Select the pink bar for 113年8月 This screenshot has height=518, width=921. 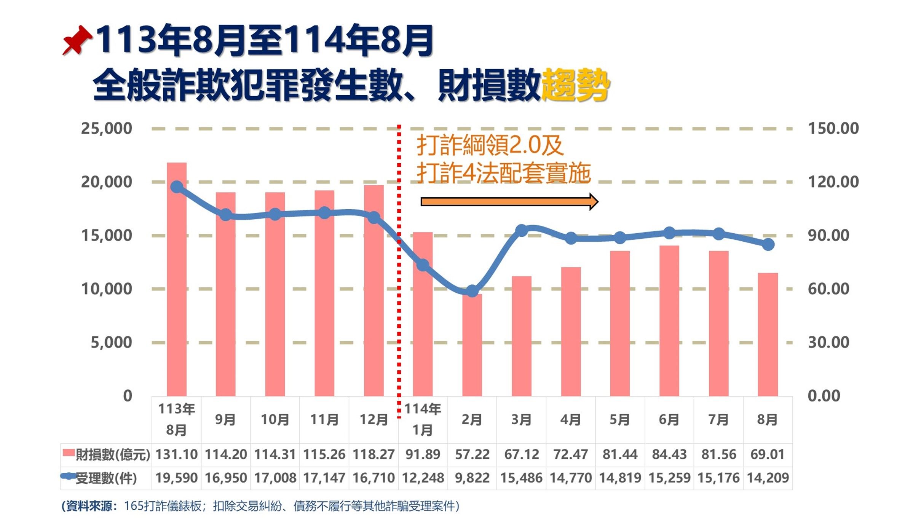pos(177,280)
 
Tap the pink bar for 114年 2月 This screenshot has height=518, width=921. pos(472,344)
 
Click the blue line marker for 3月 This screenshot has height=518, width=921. pos(521,230)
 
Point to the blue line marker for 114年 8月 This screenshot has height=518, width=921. pos(768,244)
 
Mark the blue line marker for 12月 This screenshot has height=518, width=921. pos(374,218)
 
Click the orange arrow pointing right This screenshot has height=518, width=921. pos(509,201)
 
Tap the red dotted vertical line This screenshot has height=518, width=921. pos(399,324)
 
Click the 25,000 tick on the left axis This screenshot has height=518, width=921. pos(107,128)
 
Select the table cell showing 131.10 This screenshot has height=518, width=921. pos(177,454)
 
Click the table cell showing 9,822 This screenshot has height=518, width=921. pos(472,478)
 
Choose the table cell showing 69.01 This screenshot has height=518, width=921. pos(768,454)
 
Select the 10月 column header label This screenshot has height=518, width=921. pos(275,419)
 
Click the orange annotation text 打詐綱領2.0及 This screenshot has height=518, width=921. pos(490,145)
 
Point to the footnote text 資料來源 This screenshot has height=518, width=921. pos(90,506)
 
